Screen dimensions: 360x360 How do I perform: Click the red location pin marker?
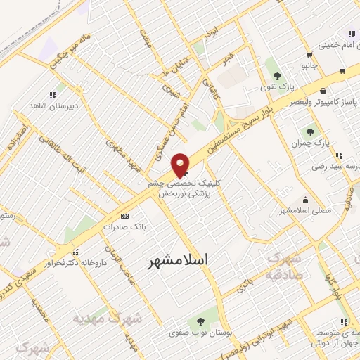181,165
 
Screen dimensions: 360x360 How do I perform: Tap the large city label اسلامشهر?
179,260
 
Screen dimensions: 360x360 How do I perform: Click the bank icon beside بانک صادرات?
125,216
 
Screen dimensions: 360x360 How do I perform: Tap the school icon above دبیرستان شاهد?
52,95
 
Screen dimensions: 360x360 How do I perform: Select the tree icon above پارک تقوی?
278,76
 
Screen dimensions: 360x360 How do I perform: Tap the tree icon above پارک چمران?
310,131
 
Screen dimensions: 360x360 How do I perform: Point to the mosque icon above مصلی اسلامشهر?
304,200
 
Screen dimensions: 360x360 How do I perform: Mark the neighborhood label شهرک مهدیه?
108,319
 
